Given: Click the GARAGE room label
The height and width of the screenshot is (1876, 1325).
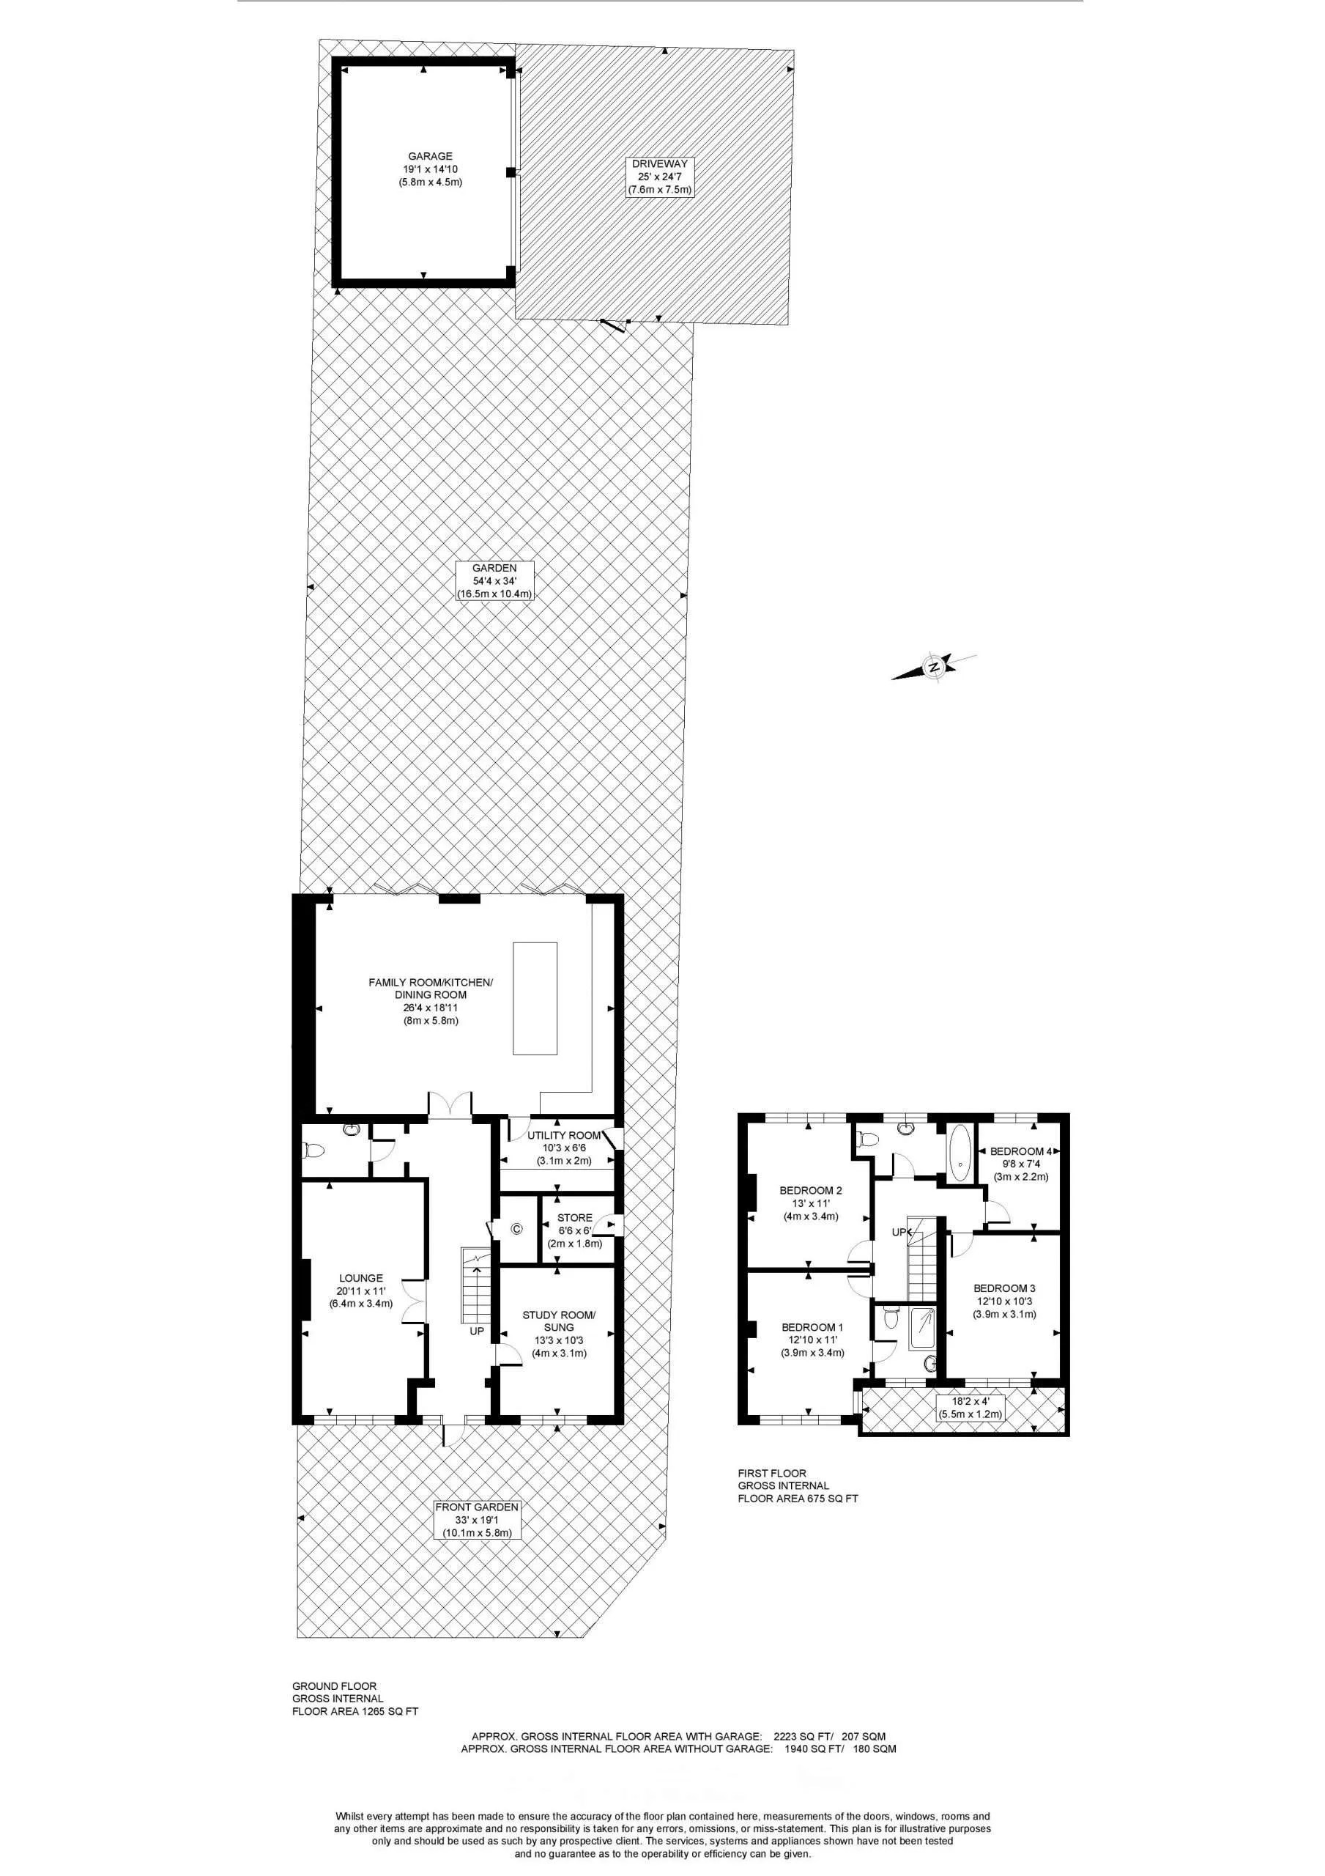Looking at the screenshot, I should coord(430,156).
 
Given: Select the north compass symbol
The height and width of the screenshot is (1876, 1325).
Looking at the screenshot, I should coord(933,667).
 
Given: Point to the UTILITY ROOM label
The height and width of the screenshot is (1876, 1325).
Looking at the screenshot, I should coord(564,1136).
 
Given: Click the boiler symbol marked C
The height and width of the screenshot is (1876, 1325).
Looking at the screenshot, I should coord(516,1228).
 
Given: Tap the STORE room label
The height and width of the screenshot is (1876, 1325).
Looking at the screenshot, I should coord(574,1217).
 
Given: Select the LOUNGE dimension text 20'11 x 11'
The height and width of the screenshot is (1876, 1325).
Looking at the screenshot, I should coord(360,1291).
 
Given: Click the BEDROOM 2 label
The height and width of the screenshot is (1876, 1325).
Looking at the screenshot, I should coord(810,1191).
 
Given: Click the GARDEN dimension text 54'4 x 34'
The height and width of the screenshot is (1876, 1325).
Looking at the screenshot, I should coord(494,581).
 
